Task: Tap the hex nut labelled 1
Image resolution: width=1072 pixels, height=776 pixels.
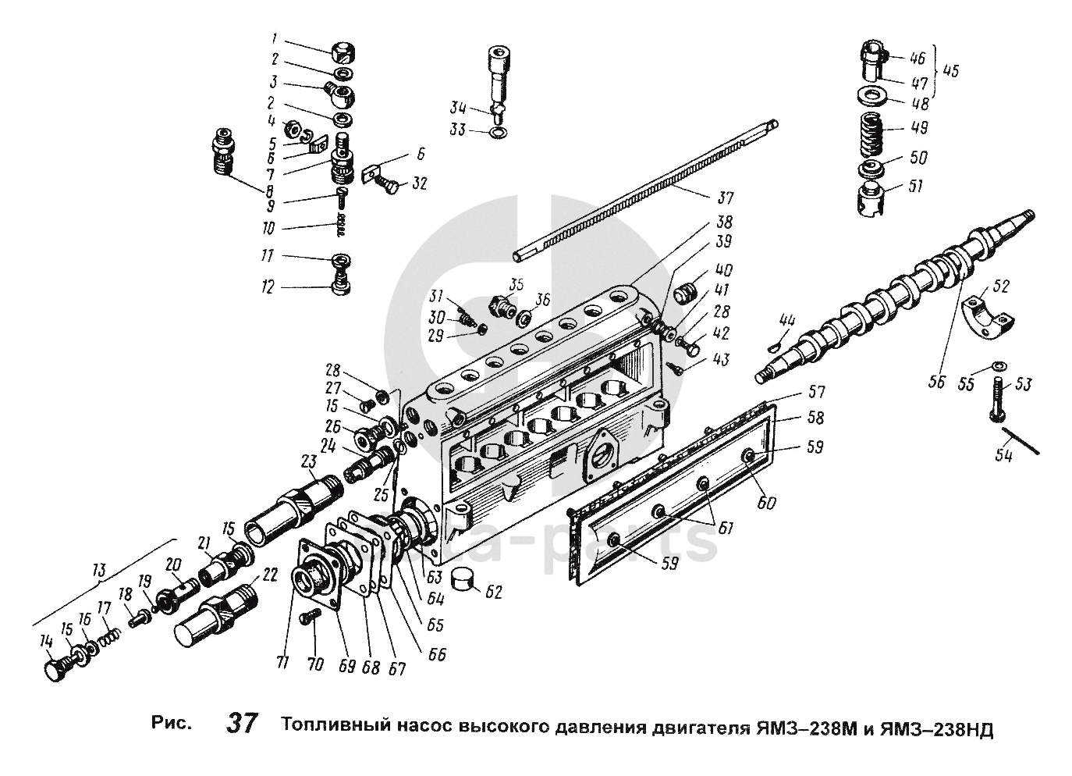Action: pyautogui.click(x=341, y=52)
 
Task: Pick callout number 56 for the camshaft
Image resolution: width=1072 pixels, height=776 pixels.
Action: pyautogui.click(x=937, y=383)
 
